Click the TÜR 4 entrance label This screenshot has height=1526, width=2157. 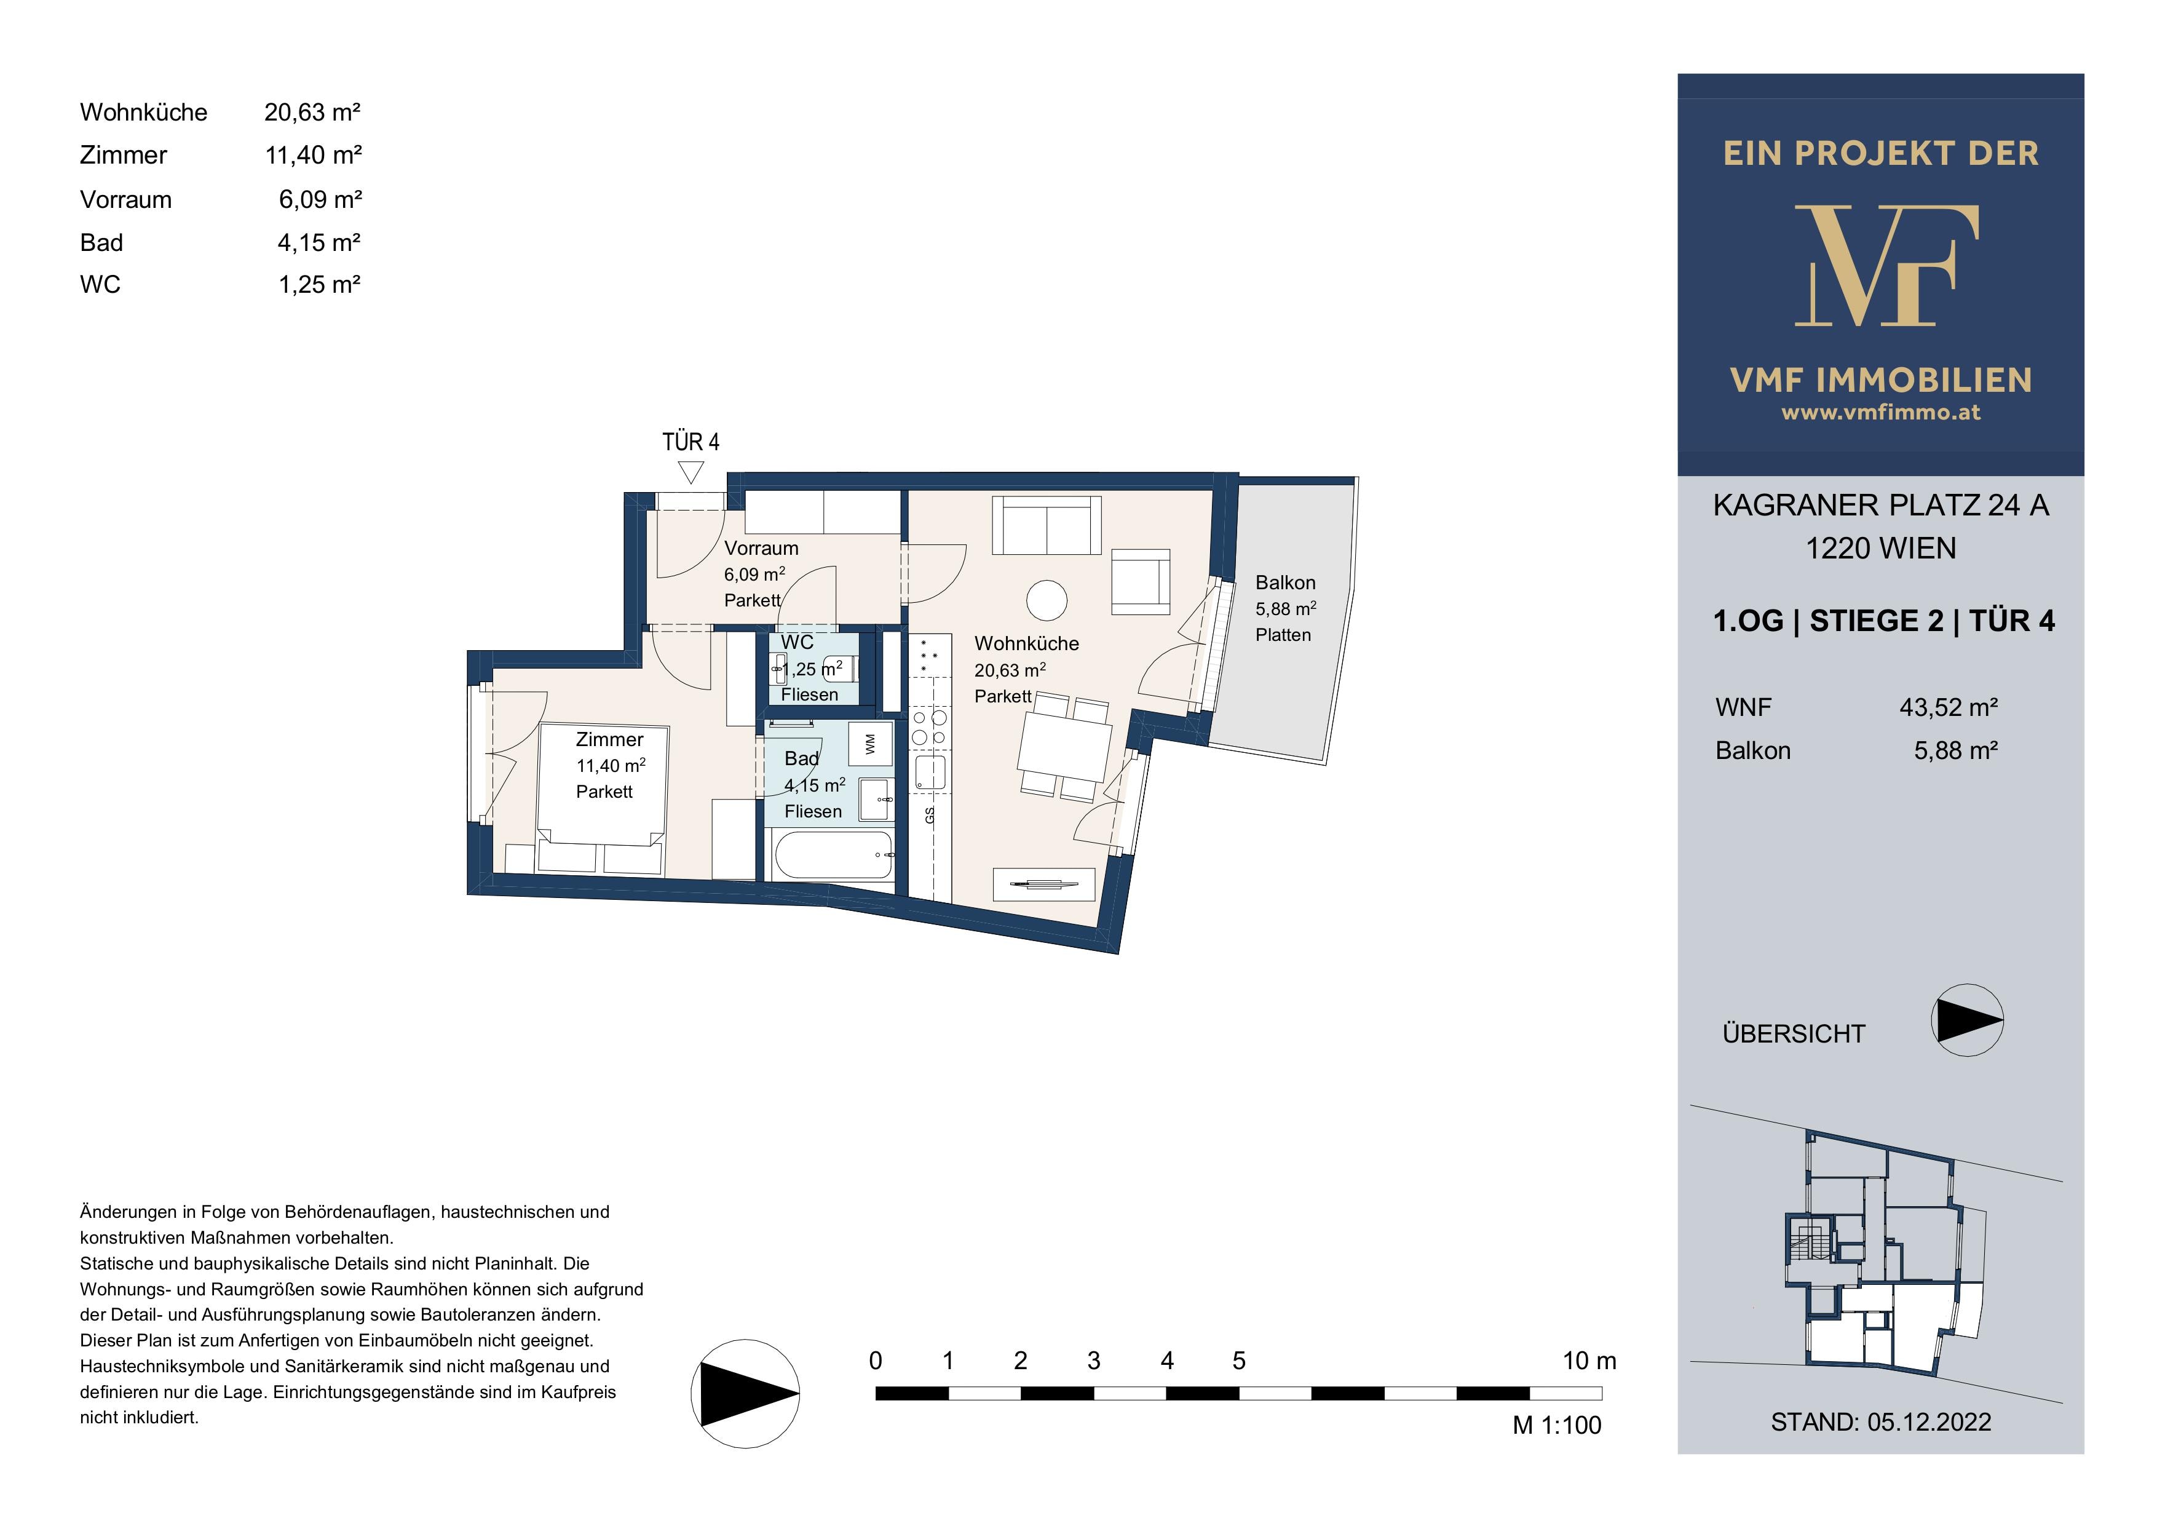[691, 442]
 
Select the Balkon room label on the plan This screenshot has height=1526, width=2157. [1285, 582]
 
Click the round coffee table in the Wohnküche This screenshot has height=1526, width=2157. [1047, 600]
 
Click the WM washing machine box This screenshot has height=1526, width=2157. [870, 743]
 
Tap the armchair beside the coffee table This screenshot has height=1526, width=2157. [1141, 582]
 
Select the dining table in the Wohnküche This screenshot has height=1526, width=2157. [1064, 747]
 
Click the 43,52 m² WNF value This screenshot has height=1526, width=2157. [1949, 707]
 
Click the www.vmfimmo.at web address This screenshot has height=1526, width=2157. [1881, 411]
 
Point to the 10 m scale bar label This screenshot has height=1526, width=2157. [1589, 1361]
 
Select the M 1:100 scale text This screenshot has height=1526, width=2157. [1557, 1426]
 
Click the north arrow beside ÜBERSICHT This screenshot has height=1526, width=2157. [1967, 1020]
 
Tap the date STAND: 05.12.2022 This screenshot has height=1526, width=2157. [1881, 1421]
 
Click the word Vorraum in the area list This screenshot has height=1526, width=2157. [126, 199]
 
